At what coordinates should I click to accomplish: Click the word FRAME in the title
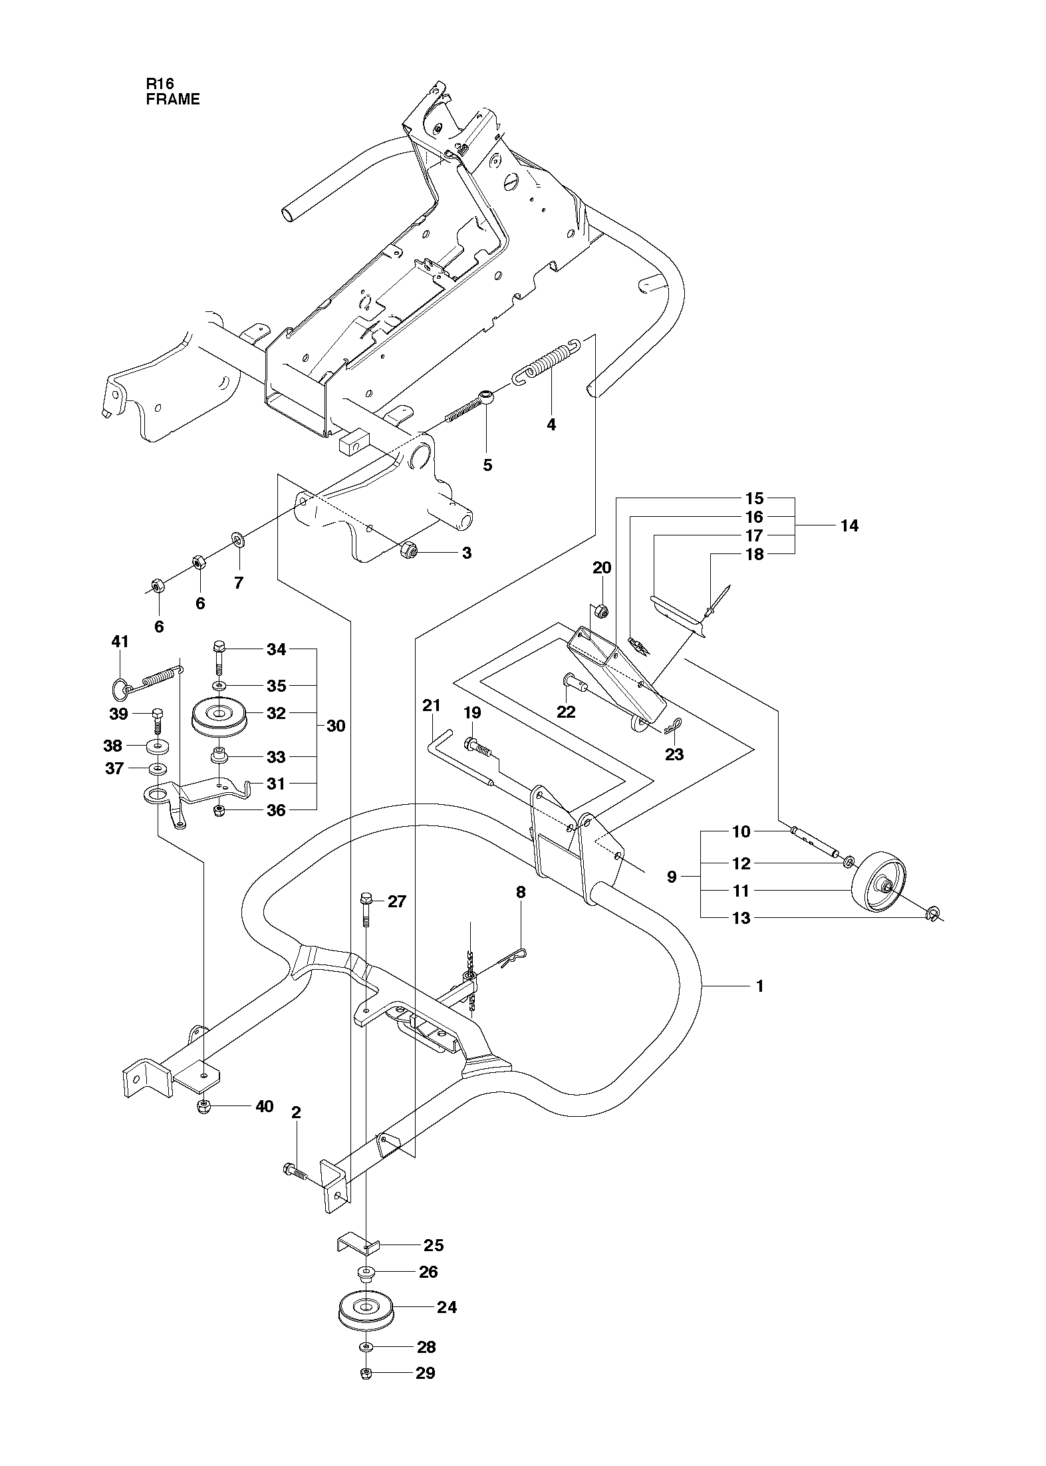173,100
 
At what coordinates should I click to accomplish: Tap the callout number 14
849,525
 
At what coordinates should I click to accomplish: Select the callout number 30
336,726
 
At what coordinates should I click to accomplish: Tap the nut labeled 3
406,550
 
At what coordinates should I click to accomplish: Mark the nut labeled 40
204,1106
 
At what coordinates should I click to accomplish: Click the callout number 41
120,642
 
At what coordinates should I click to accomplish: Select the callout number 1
759,1004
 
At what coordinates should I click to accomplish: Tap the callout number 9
672,877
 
